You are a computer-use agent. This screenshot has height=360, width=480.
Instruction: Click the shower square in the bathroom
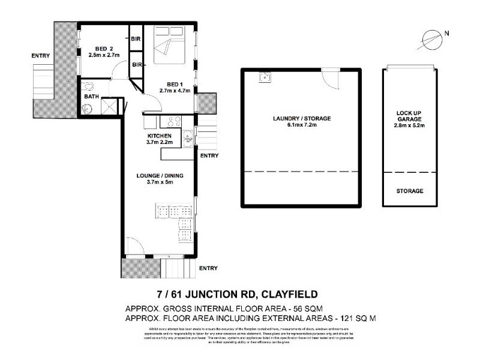tap(108, 106)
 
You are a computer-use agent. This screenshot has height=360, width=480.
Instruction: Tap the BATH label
tap(91, 96)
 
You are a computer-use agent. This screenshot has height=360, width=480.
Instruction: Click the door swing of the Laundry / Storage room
tap(329, 77)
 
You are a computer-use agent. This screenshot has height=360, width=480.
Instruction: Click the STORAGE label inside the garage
tap(410, 191)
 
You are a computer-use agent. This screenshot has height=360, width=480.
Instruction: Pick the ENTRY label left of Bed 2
tap(41, 56)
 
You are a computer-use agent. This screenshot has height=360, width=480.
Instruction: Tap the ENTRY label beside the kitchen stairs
tap(209, 155)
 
